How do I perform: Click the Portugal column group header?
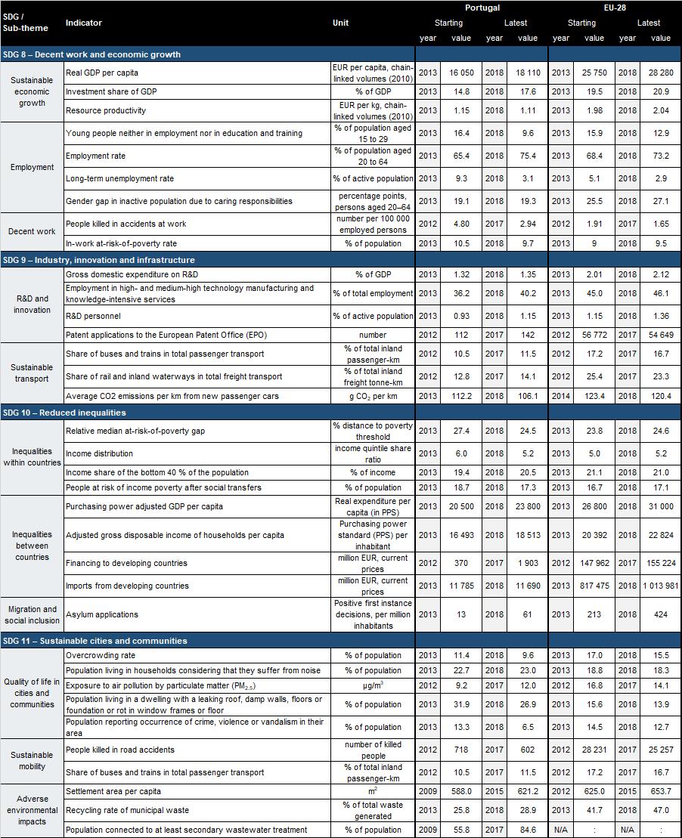482,8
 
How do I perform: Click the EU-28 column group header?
615,8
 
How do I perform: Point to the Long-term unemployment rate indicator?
119,178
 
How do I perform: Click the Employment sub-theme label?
32,167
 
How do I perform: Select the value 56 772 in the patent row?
594,335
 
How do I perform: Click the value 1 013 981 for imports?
660,586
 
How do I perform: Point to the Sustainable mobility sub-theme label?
32,760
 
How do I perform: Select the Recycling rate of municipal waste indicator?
127,810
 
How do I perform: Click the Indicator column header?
83,23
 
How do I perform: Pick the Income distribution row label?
99,453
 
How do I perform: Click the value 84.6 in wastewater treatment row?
528,830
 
